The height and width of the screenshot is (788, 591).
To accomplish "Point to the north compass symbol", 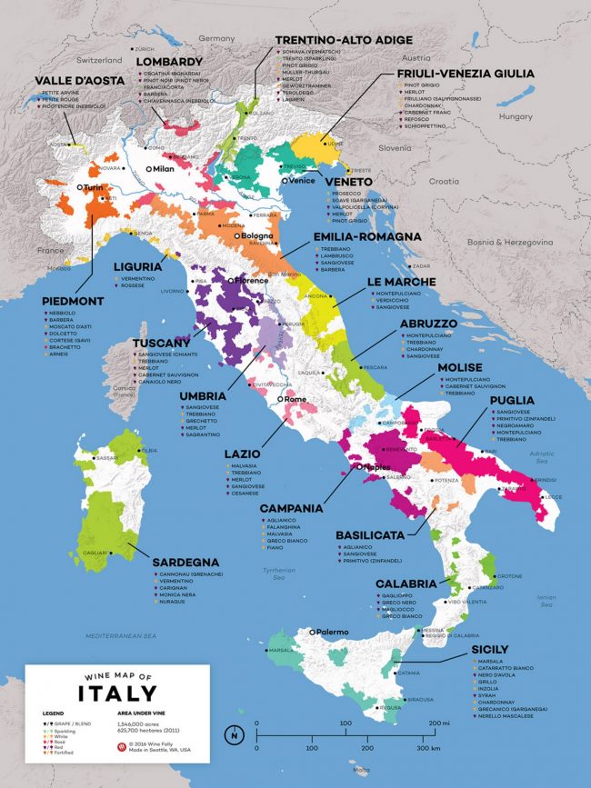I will pos(235,733).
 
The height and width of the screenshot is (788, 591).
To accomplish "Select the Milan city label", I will pos(163,169).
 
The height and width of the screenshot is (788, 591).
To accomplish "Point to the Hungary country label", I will pos(516,116).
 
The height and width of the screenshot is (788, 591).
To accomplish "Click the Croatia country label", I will pos(445,181).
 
